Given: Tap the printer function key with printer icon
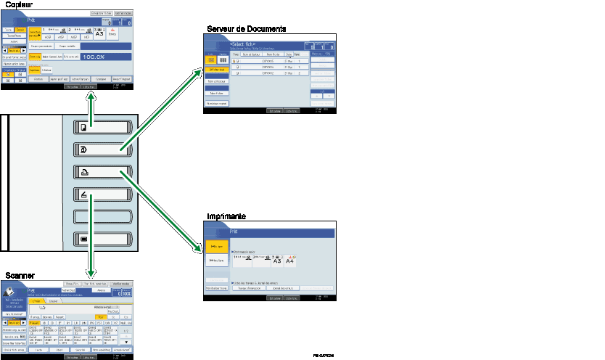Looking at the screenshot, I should pyautogui.click(x=102, y=172).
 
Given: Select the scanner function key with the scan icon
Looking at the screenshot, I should pyautogui.click(x=102, y=194).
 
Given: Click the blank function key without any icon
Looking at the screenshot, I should pyautogui.click(x=102, y=216).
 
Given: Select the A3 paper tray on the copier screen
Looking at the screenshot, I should pyautogui.click(x=99, y=32).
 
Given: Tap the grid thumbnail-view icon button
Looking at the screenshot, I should pyautogui.click(x=223, y=60).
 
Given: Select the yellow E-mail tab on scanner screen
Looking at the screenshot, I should pyautogui.click(x=38, y=300).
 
